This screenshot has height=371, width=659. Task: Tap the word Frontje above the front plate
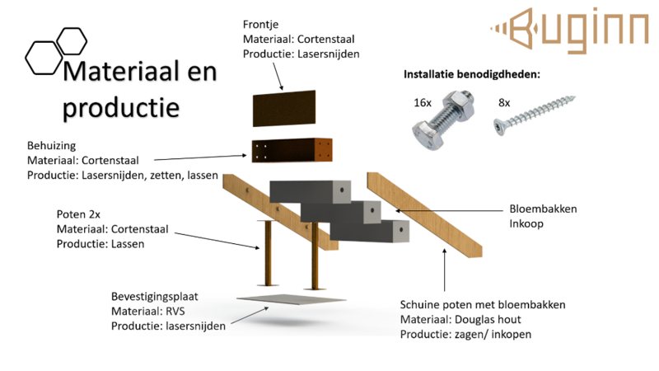261,23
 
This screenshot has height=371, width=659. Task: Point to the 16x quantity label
423,102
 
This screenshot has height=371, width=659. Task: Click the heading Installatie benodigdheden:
470,74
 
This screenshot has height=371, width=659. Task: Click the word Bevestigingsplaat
155,296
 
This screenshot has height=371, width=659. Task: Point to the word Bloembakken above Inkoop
543,209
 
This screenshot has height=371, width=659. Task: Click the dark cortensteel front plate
283,108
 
